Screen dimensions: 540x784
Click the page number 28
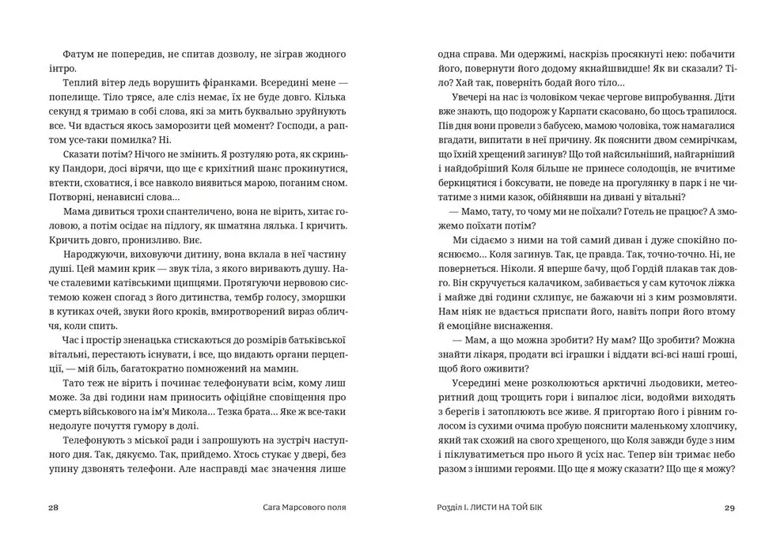pos(54,508)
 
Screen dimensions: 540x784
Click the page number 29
pos(729,508)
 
